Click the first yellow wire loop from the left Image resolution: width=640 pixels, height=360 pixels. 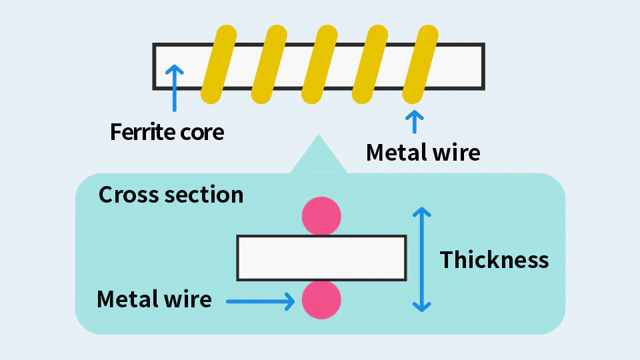click(x=219, y=65)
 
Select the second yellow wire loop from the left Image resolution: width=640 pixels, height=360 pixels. click(x=269, y=65)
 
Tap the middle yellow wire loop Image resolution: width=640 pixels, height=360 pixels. click(x=319, y=65)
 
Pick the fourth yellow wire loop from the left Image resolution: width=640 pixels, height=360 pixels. click(x=370, y=65)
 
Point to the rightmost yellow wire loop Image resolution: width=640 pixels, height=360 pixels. click(x=421, y=65)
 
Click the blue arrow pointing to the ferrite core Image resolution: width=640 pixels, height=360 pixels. click(x=174, y=88)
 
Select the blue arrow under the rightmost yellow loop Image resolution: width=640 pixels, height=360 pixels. click(x=414, y=121)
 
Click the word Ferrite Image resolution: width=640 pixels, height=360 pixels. click(x=143, y=132)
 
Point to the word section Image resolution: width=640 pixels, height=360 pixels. click(x=204, y=195)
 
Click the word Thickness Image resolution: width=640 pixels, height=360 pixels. click(x=494, y=260)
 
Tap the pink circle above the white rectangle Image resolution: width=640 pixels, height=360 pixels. click(x=321, y=216)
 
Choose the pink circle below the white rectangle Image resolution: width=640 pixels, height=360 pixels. click(x=321, y=300)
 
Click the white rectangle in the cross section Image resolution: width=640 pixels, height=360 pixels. click(x=321, y=258)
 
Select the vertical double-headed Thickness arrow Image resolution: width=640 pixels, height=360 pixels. click(x=421, y=259)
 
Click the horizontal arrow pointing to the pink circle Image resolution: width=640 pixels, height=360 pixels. click(x=261, y=301)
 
